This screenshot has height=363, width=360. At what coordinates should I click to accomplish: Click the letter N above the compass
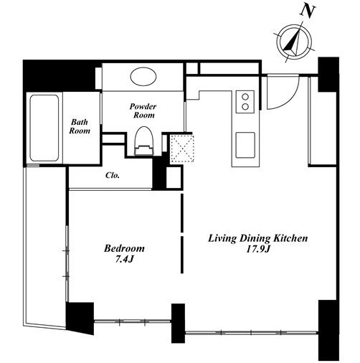tap(308, 11)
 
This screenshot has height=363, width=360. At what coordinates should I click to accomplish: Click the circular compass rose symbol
tap(295, 42)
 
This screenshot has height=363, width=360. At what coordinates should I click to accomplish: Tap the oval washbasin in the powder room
tap(143, 77)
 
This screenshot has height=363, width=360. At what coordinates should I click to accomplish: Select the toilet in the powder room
tap(143, 141)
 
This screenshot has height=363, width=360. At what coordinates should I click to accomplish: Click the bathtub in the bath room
tap(44, 128)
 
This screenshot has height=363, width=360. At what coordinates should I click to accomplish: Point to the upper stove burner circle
tap(245, 97)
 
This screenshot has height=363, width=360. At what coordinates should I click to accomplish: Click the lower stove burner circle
tap(245, 106)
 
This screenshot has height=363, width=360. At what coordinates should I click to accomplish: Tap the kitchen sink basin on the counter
tap(245, 145)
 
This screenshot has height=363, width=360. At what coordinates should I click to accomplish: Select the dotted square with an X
tap(182, 148)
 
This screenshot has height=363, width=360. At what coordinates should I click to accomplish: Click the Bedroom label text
tap(124, 248)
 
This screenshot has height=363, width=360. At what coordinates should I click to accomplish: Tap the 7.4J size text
tap(124, 260)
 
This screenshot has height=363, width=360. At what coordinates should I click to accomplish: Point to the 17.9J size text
tap(258, 250)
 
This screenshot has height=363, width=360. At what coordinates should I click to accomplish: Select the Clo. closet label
tap(113, 175)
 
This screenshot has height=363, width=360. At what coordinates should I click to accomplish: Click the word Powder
tap(143, 106)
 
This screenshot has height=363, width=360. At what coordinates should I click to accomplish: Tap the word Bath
tap(80, 122)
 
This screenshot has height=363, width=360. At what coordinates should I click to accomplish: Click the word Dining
tap(255, 239)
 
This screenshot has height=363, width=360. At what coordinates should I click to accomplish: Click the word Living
tap(222, 239)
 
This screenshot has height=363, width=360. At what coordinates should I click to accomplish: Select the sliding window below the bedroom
tap(133, 321)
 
